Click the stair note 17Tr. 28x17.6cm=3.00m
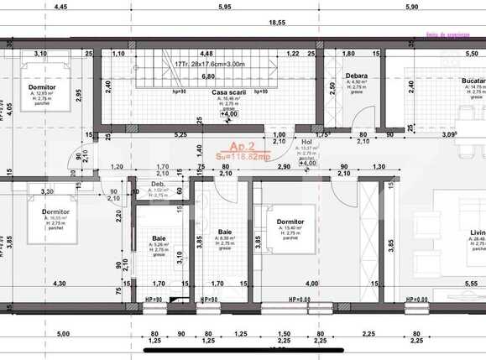pos(211,64)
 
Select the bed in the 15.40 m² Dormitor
pos(290,227)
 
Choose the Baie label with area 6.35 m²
pos(225,232)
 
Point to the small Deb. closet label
pos(157,185)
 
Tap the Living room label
pos(477,232)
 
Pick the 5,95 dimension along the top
pos(222,7)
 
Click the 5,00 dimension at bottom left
pos(63,333)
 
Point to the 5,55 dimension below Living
pos(468,284)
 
